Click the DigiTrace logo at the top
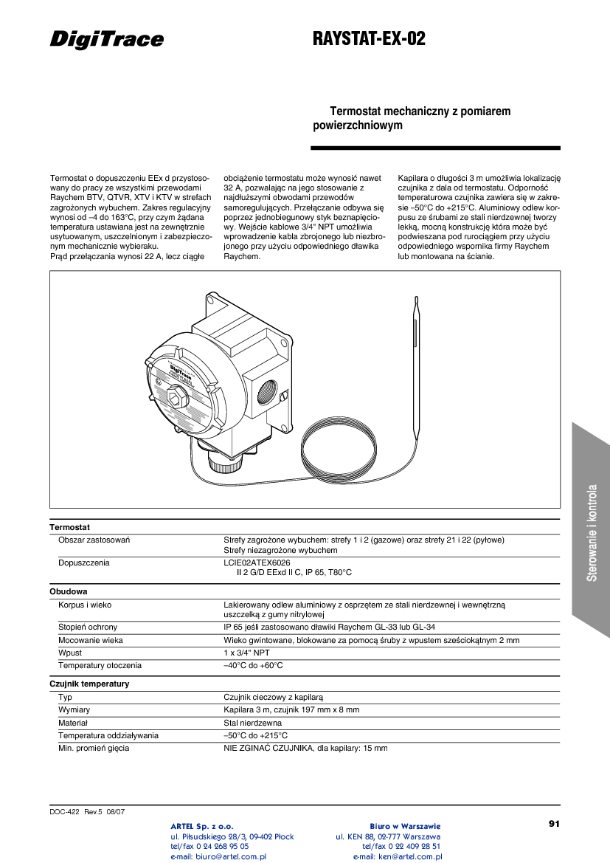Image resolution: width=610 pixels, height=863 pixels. [107, 39]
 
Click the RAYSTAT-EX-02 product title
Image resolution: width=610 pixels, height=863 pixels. [370, 39]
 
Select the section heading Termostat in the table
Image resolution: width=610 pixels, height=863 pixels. [69, 528]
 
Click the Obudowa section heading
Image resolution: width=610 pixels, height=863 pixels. [69, 591]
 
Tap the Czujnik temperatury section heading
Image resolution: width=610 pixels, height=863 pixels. [89, 684]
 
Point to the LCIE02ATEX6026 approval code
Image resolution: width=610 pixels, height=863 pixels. [257, 563]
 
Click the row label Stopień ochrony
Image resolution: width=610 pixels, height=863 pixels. [88, 628]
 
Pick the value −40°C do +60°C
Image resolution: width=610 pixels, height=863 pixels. [253, 665]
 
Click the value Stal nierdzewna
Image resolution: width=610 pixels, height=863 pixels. [252, 723]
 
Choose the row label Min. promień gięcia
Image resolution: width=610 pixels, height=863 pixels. [94, 748]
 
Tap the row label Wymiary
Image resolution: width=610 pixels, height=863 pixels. [74, 709]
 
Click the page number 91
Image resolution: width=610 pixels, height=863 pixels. [555, 823]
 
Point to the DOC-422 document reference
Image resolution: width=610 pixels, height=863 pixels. [64, 811]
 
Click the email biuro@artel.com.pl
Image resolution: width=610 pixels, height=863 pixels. [218, 857]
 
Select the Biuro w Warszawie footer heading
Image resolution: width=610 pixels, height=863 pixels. [405, 825]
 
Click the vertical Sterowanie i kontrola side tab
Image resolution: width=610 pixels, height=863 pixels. [592, 532]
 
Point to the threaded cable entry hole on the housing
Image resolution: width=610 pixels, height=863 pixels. [264, 399]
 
